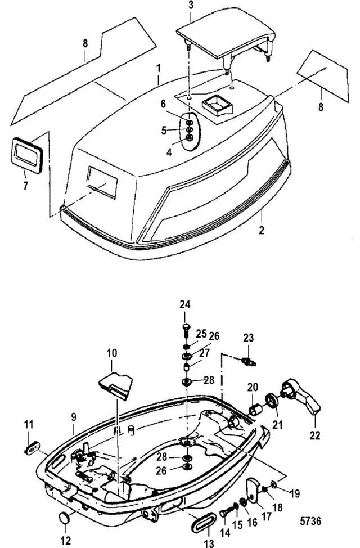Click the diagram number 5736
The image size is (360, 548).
pyautogui.click(x=310, y=521)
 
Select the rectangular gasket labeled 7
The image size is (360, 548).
pyautogui.click(x=28, y=155)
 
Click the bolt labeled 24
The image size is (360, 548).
pyautogui.click(x=186, y=329)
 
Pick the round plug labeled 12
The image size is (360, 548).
pyautogui.click(x=64, y=518)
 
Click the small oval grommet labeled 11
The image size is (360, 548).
pyautogui.click(x=33, y=448)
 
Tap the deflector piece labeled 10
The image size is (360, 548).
pyautogui.click(x=116, y=385)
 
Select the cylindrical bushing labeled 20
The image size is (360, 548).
pyautogui.click(x=255, y=409)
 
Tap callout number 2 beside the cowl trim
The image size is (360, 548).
pyautogui.click(x=262, y=231)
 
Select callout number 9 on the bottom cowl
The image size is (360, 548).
pyautogui.click(x=73, y=417)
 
